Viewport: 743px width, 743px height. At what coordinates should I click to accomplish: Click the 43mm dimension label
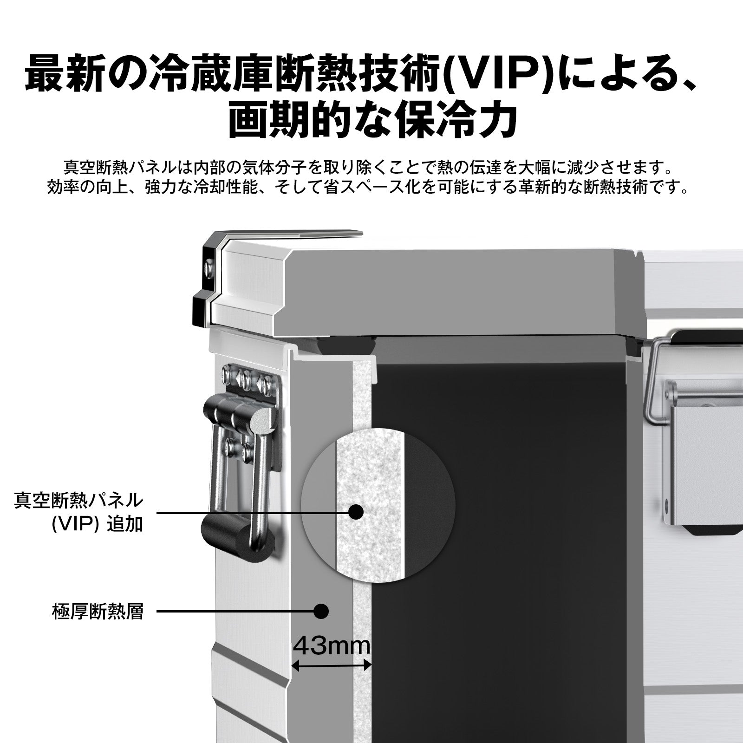pos(332,646)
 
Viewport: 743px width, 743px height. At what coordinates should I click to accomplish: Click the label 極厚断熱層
pos(98,611)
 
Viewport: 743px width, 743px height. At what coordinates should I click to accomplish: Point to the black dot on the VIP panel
pos(356,512)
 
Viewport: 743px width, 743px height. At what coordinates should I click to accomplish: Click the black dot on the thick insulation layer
pos(321,611)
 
